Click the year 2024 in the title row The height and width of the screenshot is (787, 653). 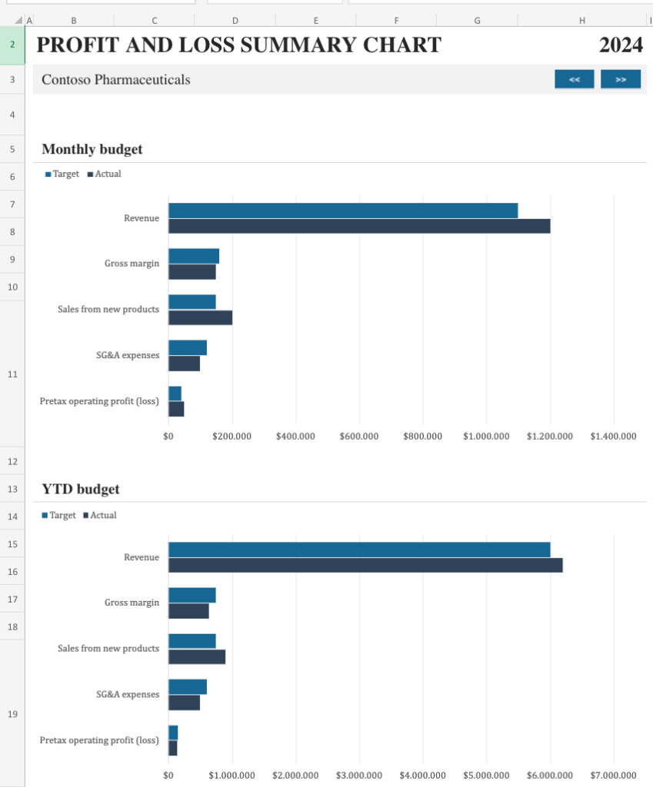(x=621, y=45)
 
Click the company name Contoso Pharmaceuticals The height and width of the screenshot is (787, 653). (x=115, y=79)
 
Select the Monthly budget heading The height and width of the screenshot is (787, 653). (x=92, y=149)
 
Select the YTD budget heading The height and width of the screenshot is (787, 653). (x=80, y=489)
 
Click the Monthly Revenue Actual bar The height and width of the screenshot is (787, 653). (x=359, y=226)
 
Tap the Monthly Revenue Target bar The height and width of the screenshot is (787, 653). (x=343, y=211)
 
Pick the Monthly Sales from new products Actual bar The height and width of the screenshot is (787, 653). (x=200, y=317)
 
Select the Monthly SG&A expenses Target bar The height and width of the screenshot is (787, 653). (x=188, y=347)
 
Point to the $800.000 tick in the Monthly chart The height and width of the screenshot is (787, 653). (x=422, y=437)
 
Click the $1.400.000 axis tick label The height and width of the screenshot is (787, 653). (x=613, y=437)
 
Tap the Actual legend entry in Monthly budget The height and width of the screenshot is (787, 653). (x=108, y=174)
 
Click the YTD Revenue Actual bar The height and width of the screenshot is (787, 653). (x=365, y=565)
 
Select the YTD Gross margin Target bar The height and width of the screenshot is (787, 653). (x=192, y=595)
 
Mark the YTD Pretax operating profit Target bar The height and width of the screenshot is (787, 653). (x=173, y=732)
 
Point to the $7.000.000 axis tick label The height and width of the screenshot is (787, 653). (x=613, y=775)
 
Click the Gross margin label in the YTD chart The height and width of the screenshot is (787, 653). (x=132, y=603)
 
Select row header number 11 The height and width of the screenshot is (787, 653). (x=12, y=374)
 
